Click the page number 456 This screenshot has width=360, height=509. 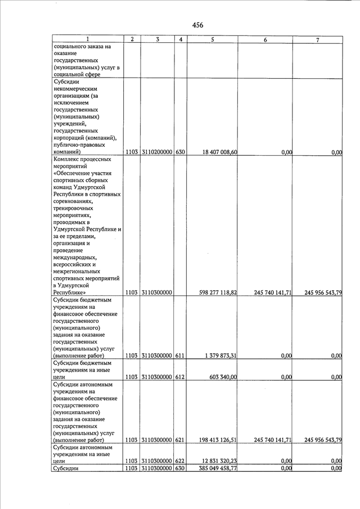coord(197,25)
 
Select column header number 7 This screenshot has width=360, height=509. coord(318,40)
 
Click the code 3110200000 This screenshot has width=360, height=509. coord(157,152)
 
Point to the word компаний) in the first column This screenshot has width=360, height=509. coord(67,152)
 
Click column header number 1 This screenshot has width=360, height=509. coord(88,40)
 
